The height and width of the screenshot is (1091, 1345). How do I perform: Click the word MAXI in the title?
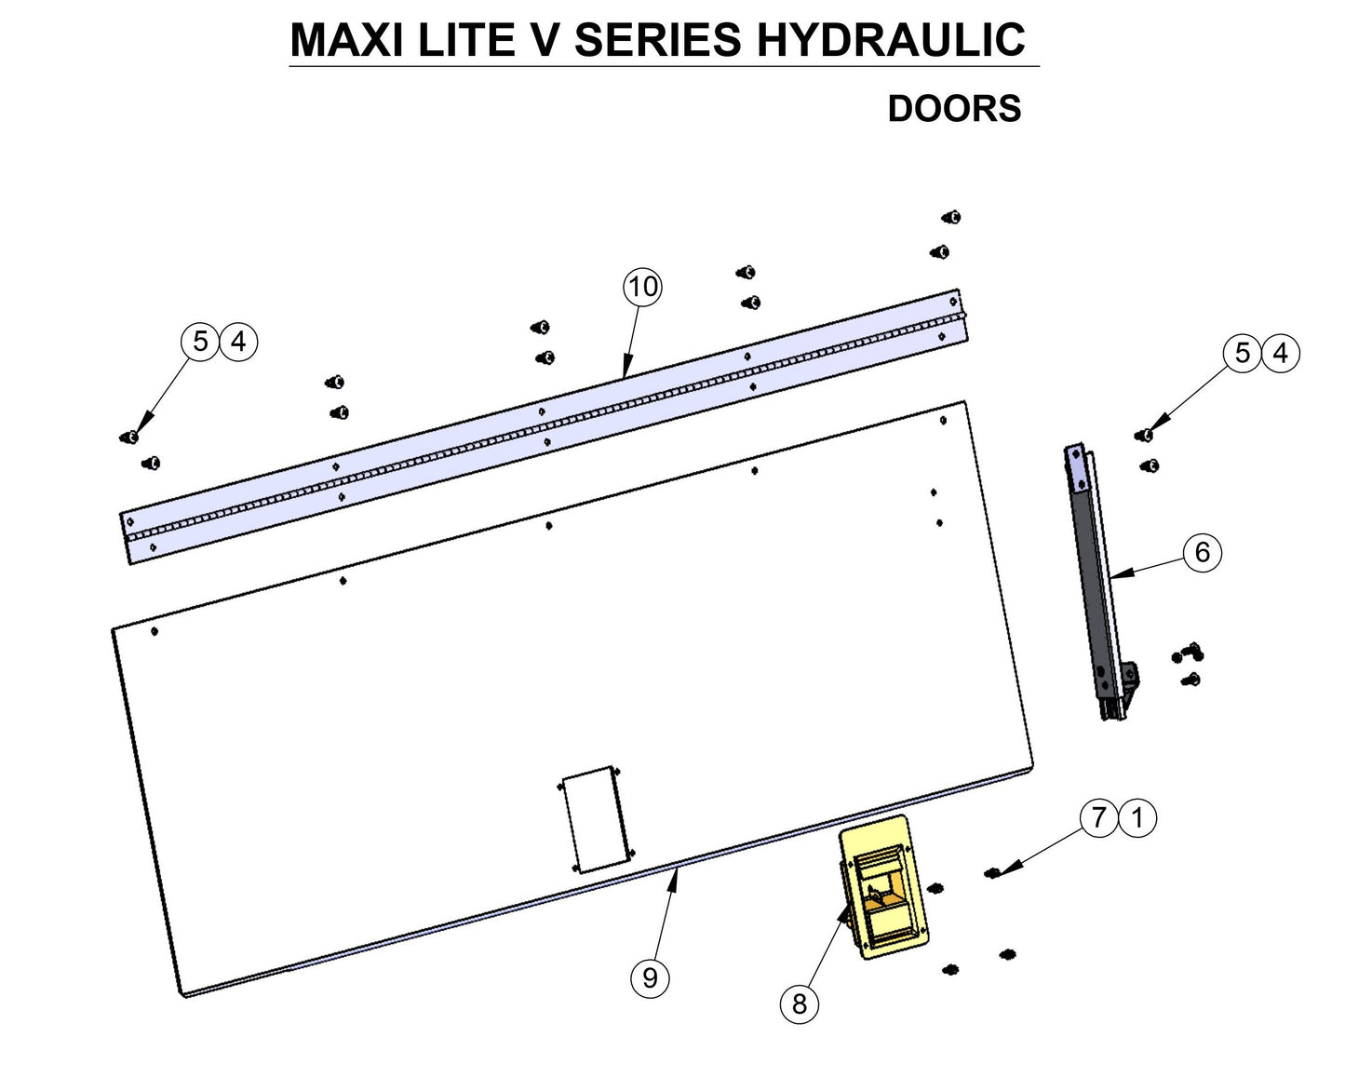(x=347, y=40)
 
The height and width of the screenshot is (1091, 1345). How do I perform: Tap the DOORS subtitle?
(x=954, y=109)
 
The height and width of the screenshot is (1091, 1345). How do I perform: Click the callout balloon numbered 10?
(x=642, y=287)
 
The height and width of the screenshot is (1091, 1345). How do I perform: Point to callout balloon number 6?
(x=1202, y=553)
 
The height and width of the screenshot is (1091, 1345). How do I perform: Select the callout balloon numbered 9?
(x=650, y=977)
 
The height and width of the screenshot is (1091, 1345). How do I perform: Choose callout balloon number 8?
(x=799, y=1003)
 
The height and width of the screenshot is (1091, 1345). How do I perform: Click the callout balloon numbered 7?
(x=1099, y=818)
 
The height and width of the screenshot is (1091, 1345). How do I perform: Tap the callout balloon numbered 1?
(x=1137, y=818)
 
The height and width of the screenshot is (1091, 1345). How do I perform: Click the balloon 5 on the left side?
(x=200, y=342)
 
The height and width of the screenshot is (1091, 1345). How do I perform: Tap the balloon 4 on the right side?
(x=1281, y=354)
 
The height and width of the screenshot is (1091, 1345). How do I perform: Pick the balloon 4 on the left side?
(x=238, y=342)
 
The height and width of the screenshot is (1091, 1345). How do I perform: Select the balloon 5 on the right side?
(x=1243, y=354)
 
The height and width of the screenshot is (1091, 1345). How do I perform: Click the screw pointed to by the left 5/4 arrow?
(x=131, y=437)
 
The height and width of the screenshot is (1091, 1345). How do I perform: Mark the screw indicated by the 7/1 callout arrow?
(x=992, y=873)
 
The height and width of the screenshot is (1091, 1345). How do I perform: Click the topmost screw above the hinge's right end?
(x=951, y=218)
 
